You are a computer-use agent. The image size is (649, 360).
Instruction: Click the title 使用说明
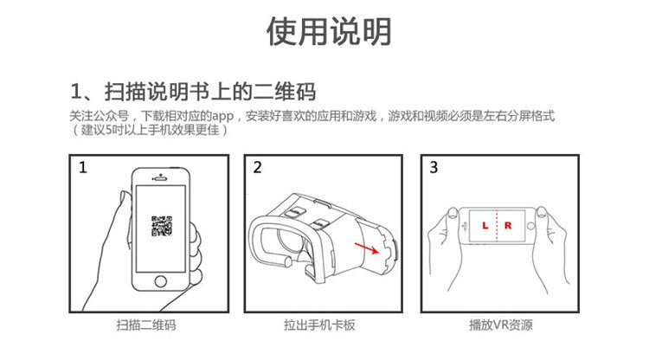(x=329, y=32)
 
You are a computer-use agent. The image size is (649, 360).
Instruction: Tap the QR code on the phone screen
(x=162, y=226)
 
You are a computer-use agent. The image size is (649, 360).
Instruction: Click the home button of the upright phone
(x=161, y=281)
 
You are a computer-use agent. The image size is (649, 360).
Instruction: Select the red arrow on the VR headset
(x=367, y=248)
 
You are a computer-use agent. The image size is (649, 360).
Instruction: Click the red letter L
(x=485, y=226)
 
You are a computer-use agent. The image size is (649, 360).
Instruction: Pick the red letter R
(x=508, y=226)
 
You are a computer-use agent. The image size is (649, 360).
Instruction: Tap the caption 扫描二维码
(x=146, y=325)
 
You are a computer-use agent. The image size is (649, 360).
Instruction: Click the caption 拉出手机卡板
(x=319, y=325)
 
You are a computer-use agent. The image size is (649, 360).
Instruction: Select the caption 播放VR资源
(x=501, y=325)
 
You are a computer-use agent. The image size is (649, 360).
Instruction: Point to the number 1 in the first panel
(x=83, y=168)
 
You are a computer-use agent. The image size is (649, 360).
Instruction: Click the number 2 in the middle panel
(x=258, y=168)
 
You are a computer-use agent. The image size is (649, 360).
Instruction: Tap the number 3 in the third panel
(x=434, y=168)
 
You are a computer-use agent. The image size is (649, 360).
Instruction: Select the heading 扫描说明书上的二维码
(x=210, y=92)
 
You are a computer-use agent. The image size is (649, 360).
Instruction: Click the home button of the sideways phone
(x=531, y=227)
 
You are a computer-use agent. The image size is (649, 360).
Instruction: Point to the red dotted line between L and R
(x=497, y=226)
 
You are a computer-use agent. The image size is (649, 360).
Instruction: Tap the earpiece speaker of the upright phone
(x=161, y=179)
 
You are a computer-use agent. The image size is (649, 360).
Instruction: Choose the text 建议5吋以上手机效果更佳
(x=150, y=130)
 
